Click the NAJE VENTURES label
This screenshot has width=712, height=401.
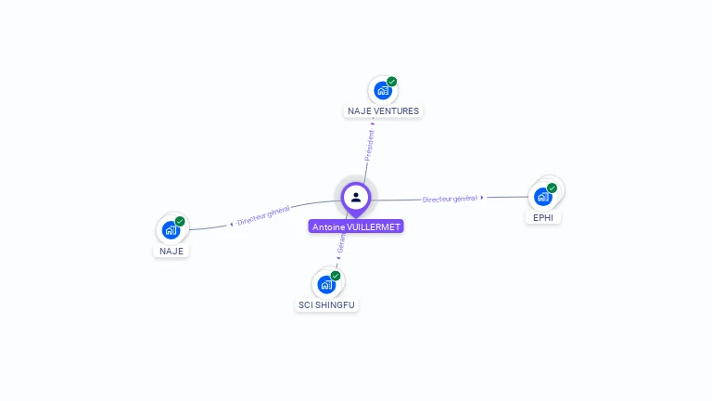point(383,110)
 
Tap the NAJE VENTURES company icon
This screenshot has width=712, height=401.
point(381,91)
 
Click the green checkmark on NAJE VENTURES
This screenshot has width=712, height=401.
point(392,82)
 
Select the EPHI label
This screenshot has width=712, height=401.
point(543,217)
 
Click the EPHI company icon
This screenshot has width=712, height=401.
point(542,197)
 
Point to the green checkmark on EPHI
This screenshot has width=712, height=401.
point(553,188)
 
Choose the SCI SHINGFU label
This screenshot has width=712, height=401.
point(325,304)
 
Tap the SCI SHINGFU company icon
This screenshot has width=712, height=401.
point(325,284)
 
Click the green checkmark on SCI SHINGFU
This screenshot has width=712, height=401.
point(336,276)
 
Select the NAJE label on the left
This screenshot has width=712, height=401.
point(172,251)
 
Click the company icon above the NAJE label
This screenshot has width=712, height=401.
point(170,229)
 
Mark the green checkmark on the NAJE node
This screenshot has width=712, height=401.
point(180,221)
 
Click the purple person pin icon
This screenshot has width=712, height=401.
point(356,197)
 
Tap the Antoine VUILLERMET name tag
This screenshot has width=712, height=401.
point(357,226)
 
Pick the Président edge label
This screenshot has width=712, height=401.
point(370,145)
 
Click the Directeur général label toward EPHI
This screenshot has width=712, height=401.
point(450,199)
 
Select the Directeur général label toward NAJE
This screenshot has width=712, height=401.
point(263,216)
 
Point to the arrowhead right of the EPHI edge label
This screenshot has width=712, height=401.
point(482,198)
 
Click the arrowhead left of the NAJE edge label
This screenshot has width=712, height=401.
point(231,225)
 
